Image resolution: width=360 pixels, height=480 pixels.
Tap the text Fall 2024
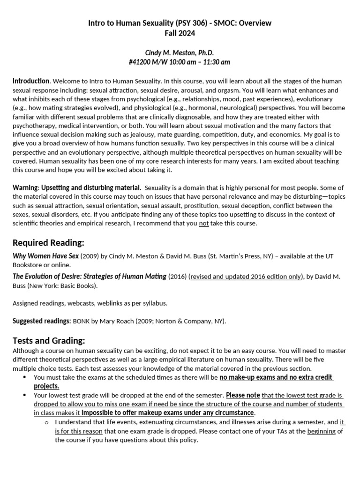click(180, 33)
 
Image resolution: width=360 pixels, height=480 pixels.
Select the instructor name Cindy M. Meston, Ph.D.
click(180, 52)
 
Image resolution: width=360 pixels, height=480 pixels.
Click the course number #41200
click(142, 62)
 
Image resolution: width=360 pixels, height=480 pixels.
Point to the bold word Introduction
click(30, 81)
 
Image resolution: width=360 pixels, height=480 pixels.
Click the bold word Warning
click(25, 187)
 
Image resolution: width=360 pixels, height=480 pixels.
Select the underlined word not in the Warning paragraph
click(203, 223)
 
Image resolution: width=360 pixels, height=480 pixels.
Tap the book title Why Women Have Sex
click(45, 256)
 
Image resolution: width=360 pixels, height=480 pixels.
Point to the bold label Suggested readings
click(42, 321)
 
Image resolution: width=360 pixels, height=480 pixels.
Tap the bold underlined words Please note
click(242, 395)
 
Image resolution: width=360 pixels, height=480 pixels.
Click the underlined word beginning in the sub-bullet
click(321, 431)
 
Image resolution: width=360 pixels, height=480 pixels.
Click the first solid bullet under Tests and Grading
click(25, 377)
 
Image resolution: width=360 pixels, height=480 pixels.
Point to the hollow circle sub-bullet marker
click(46, 422)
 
